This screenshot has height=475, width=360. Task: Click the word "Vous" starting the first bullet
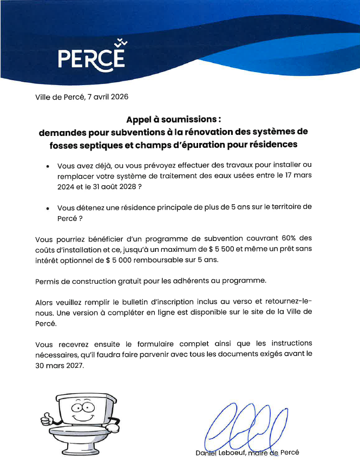point(66,165)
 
